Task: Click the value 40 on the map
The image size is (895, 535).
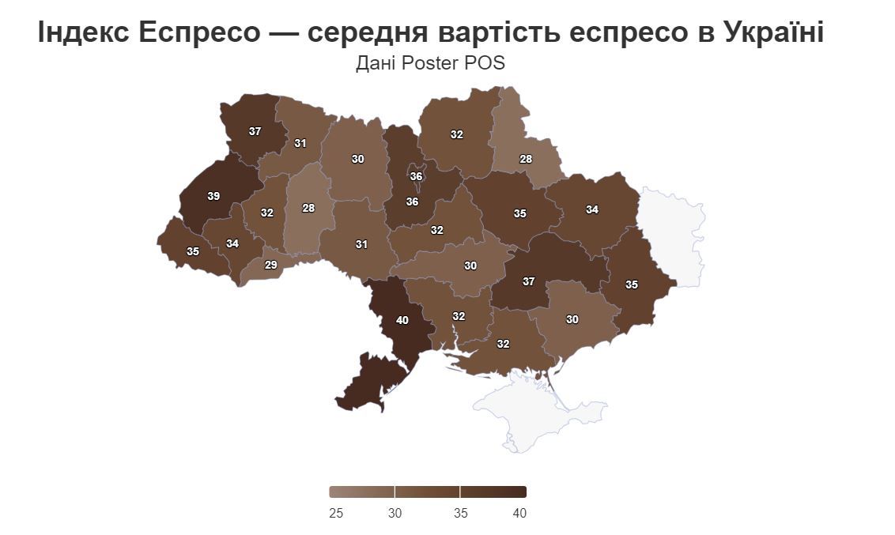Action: [402, 320]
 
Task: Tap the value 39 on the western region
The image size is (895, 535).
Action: [213, 196]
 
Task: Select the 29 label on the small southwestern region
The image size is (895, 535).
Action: [270, 265]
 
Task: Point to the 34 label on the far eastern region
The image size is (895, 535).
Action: [592, 209]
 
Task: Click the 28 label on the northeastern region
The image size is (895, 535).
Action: [526, 159]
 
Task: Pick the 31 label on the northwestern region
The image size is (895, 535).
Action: [300, 143]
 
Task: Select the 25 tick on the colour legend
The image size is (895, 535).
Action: [335, 513]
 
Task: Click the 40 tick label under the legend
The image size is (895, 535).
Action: [519, 513]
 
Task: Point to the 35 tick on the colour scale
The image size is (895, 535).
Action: [461, 513]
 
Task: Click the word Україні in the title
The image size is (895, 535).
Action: [773, 32]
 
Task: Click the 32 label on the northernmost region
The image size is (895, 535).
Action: [456, 134]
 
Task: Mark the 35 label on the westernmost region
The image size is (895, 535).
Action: [193, 251]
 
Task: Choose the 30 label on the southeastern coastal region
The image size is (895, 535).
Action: [572, 319]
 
